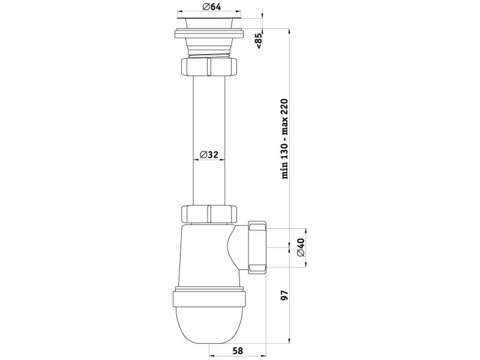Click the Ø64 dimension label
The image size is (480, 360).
212,7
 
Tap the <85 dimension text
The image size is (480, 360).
259,40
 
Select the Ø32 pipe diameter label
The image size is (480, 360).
209,155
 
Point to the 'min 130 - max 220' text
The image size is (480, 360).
284,139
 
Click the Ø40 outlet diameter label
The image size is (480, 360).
301,247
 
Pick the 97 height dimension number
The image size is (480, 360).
284,295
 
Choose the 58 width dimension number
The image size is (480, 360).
238,350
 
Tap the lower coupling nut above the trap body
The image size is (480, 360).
209,214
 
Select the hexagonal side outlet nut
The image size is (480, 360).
258,247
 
